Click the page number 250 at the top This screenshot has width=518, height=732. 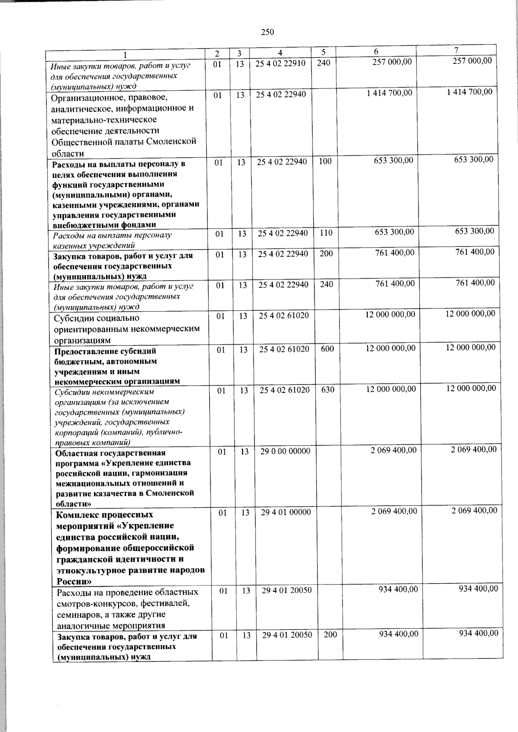[x=268, y=31]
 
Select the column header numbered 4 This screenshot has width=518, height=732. [x=280, y=53]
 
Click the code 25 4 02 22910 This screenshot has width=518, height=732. [x=281, y=63]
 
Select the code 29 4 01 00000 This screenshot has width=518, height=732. [x=286, y=512]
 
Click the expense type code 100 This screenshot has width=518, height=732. [x=325, y=162]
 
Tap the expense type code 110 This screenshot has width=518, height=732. [x=326, y=233]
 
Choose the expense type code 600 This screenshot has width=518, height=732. [x=328, y=349]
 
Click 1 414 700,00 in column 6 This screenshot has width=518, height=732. [x=389, y=93]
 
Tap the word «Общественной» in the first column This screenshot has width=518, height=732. [x=77, y=141]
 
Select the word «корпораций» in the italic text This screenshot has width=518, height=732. [x=74, y=432]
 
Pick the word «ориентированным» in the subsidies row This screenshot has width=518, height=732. [x=89, y=329]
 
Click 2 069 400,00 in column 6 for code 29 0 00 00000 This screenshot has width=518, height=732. [x=393, y=450]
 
